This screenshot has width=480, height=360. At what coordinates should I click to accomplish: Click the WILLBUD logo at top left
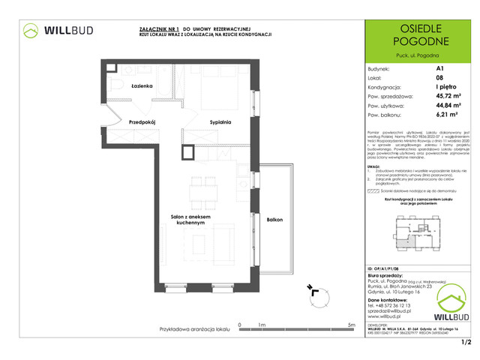58,31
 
